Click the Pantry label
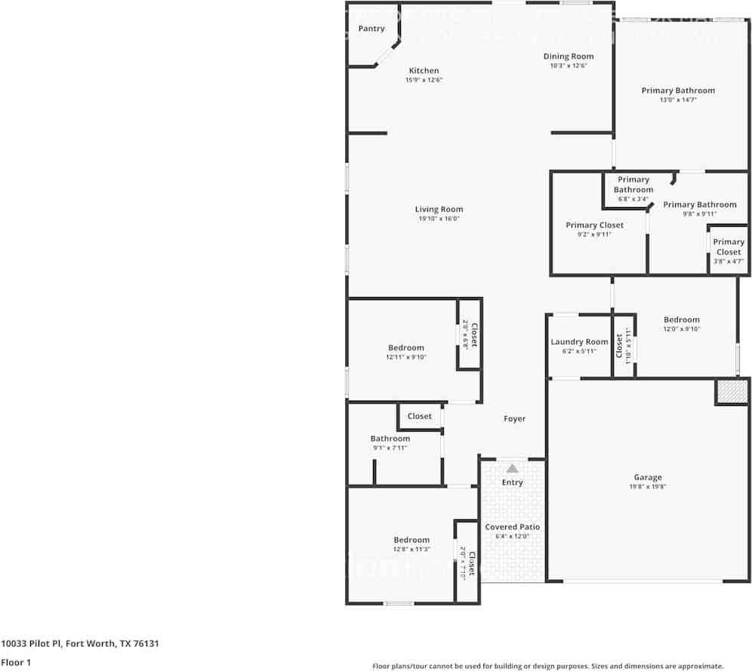click(371, 29)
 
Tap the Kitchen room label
click(424, 71)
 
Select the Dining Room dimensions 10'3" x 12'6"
click(569, 66)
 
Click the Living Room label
click(439, 209)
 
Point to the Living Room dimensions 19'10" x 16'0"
click(439, 219)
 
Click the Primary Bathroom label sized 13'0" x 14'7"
click(677, 91)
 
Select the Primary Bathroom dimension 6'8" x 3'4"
click(633, 199)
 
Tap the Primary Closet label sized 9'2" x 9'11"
click(594, 225)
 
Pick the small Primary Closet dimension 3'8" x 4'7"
click(729, 262)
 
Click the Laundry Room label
click(579, 342)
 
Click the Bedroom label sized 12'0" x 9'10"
click(681, 320)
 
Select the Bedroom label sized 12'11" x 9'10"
click(406, 348)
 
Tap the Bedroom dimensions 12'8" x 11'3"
click(411, 550)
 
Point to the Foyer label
click(514, 419)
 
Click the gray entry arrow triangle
click(513, 468)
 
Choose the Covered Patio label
click(512, 527)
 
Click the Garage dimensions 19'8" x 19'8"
click(647, 487)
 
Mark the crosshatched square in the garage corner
click(731, 392)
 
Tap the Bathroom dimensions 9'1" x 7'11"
click(390, 448)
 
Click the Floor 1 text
click(17, 662)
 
